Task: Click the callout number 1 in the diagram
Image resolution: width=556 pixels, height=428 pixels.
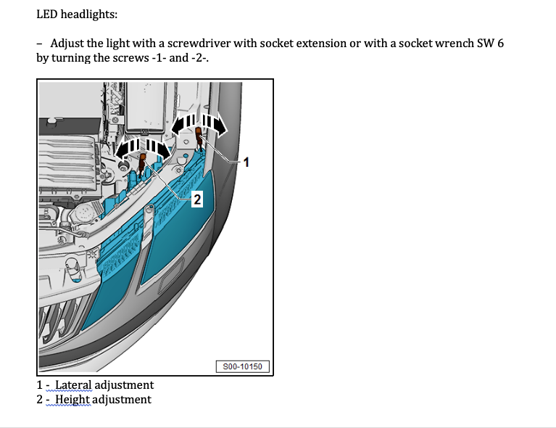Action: [x=246, y=162]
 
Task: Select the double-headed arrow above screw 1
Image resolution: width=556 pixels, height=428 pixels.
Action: [x=200, y=123]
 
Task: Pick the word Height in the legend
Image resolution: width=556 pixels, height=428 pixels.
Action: [x=72, y=400]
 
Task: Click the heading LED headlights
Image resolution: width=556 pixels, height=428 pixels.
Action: [x=76, y=15]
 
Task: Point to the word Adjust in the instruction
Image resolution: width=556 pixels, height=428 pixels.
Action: [x=69, y=44]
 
